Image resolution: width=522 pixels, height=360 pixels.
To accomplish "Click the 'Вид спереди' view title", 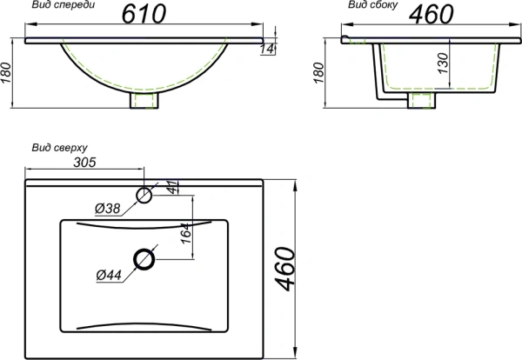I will [62, 5].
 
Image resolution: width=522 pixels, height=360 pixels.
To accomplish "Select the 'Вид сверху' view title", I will [58, 148].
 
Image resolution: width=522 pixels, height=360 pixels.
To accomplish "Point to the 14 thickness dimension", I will [271, 51].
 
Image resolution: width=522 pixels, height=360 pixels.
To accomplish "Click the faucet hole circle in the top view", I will [144, 193].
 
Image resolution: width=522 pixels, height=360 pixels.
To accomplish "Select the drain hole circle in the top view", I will [144, 258].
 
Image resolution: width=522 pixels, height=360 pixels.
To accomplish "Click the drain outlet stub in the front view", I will [144, 102].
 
